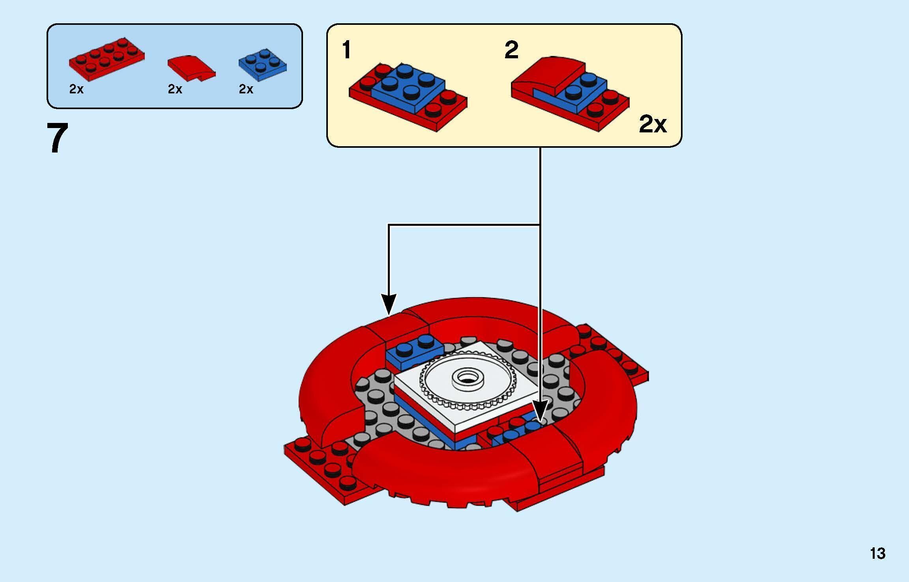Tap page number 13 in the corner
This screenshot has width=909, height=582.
pos(877,554)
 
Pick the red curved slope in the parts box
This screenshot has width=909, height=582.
pos(191,67)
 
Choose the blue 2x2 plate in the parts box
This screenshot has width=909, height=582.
pos(262,65)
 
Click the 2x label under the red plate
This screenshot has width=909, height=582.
pos(76,89)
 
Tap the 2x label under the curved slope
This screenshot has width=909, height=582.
pos(175,89)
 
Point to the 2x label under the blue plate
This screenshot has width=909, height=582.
pos(246,89)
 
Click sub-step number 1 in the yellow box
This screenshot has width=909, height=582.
pos(346,50)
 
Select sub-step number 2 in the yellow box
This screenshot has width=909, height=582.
pos(511,50)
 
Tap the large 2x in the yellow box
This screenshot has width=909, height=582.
pos(653,124)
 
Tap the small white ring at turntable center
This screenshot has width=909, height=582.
pos(468,377)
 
